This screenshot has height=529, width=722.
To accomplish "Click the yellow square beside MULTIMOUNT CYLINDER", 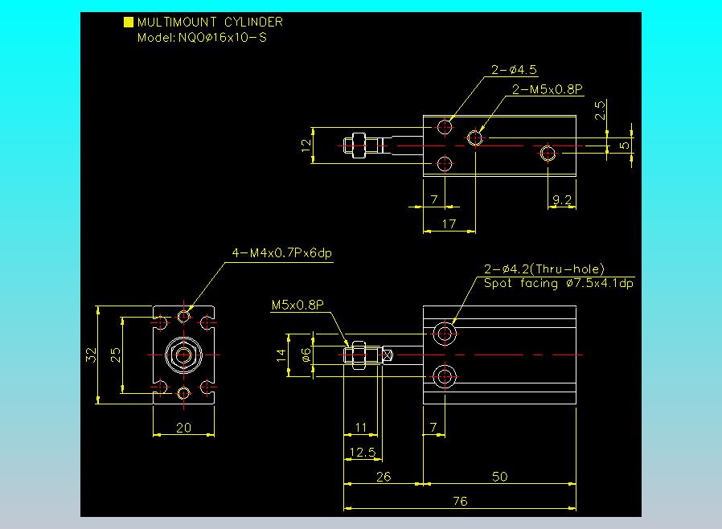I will pyautogui.click(x=128, y=23).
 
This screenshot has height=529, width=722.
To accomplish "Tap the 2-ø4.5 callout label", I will pyautogui.click(x=514, y=70).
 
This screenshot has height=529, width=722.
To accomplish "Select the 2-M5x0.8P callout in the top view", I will pyautogui.click(x=547, y=89).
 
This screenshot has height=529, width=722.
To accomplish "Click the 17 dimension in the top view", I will pyautogui.click(x=449, y=223).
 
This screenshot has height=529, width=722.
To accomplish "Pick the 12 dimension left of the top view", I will pyautogui.click(x=305, y=146).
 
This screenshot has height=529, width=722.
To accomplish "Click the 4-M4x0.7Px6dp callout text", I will pyautogui.click(x=281, y=254).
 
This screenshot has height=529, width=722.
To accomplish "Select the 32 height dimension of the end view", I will pyautogui.click(x=91, y=355).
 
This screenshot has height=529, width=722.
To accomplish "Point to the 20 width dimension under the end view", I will pyautogui.click(x=183, y=428).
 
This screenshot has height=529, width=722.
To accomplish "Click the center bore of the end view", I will pyautogui.click(x=184, y=355).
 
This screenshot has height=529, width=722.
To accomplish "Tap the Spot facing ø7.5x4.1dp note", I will pyautogui.click(x=558, y=283).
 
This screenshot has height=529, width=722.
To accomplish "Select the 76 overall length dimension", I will pyautogui.click(x=459, y=501).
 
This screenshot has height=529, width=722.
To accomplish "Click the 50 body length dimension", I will pyautogui.click(x=499, y=477).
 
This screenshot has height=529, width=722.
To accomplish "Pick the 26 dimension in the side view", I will pyautogui.click(x=383, y=477).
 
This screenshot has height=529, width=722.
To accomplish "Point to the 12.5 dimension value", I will pyautogui.click(x=363, y=453).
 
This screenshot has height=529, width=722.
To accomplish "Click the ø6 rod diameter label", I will pyautogui.click(x=306, y=355).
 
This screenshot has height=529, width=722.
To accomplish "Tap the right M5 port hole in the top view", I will pyautogui.click(x=548, y=152).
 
